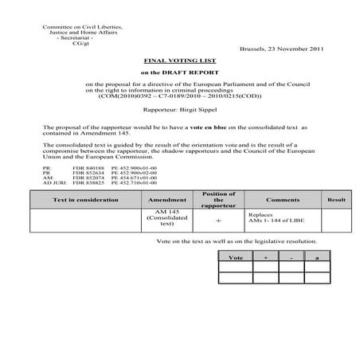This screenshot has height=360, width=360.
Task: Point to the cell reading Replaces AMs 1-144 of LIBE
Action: click(271, 218)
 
